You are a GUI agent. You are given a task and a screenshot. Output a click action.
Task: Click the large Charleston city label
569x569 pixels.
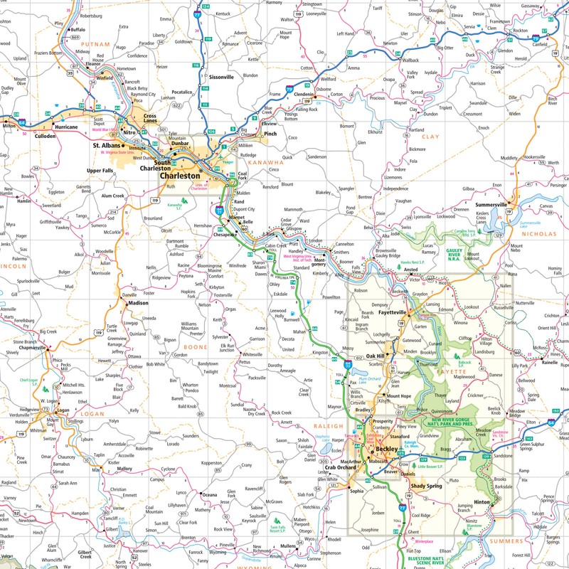[180, 176]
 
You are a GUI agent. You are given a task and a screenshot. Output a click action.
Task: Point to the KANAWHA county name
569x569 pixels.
[265, 162]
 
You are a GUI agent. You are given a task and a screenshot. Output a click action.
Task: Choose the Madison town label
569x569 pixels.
[139, 303]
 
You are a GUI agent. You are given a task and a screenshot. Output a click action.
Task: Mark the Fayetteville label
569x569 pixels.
[387, 312]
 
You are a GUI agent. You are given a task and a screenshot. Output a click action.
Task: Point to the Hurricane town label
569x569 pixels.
[66, 127]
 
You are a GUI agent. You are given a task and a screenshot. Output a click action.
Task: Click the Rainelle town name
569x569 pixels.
[550, 362]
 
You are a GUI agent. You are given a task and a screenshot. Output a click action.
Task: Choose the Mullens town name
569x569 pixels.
[287, 546]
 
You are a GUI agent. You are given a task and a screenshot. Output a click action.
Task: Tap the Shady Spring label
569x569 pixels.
[424, 486]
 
